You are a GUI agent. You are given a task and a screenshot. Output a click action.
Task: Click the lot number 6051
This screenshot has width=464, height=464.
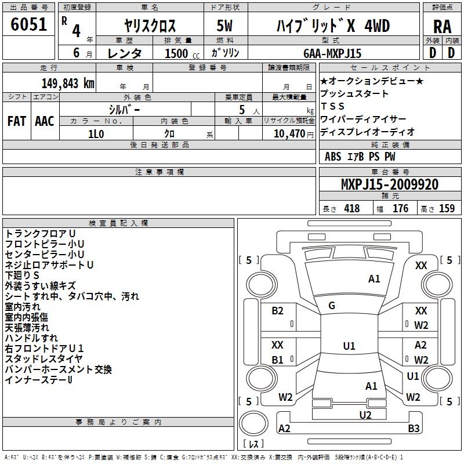point(28,24)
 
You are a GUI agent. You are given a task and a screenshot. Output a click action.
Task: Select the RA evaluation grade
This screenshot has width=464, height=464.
point(442,27)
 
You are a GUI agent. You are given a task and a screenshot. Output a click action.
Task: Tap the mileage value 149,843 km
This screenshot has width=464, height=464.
point(68,84)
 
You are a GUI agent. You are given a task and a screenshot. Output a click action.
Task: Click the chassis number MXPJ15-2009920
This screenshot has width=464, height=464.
point(390,184)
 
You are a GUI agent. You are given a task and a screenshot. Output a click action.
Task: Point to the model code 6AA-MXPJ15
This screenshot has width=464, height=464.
point(332,53)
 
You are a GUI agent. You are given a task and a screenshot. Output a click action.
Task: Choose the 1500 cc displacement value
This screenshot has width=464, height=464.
point(182,53)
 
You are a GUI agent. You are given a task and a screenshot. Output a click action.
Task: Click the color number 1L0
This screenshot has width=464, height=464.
point(96,134)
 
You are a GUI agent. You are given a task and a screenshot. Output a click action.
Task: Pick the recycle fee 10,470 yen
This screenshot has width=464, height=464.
point(293,134)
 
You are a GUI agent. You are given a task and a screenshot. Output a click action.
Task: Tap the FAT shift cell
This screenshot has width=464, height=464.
point(17,121)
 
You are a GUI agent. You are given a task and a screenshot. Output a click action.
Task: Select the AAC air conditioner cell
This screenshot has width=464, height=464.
point(45,121)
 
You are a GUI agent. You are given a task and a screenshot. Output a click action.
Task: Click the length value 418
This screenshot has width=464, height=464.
point(352,208)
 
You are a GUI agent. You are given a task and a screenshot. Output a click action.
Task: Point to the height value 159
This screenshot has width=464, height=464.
point(447,208)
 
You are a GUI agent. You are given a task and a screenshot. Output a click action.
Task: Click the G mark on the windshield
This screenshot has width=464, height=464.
point(332,306)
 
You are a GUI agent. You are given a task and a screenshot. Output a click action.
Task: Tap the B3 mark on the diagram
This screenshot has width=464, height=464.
point(414,428)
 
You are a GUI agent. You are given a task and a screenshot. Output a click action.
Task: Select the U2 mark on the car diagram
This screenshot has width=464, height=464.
point(365,415)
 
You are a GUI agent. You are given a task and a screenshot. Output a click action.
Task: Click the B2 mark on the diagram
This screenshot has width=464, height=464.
point(277,311)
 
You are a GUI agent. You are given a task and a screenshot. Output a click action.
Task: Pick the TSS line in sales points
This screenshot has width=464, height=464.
point(332,106)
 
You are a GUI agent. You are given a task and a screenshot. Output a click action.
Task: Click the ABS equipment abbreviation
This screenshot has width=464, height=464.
point(333,157)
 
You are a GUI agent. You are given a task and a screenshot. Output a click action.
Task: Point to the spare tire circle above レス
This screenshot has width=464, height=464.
point(253,423)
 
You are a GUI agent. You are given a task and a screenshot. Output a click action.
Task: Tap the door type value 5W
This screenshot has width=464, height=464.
point(224,26)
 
